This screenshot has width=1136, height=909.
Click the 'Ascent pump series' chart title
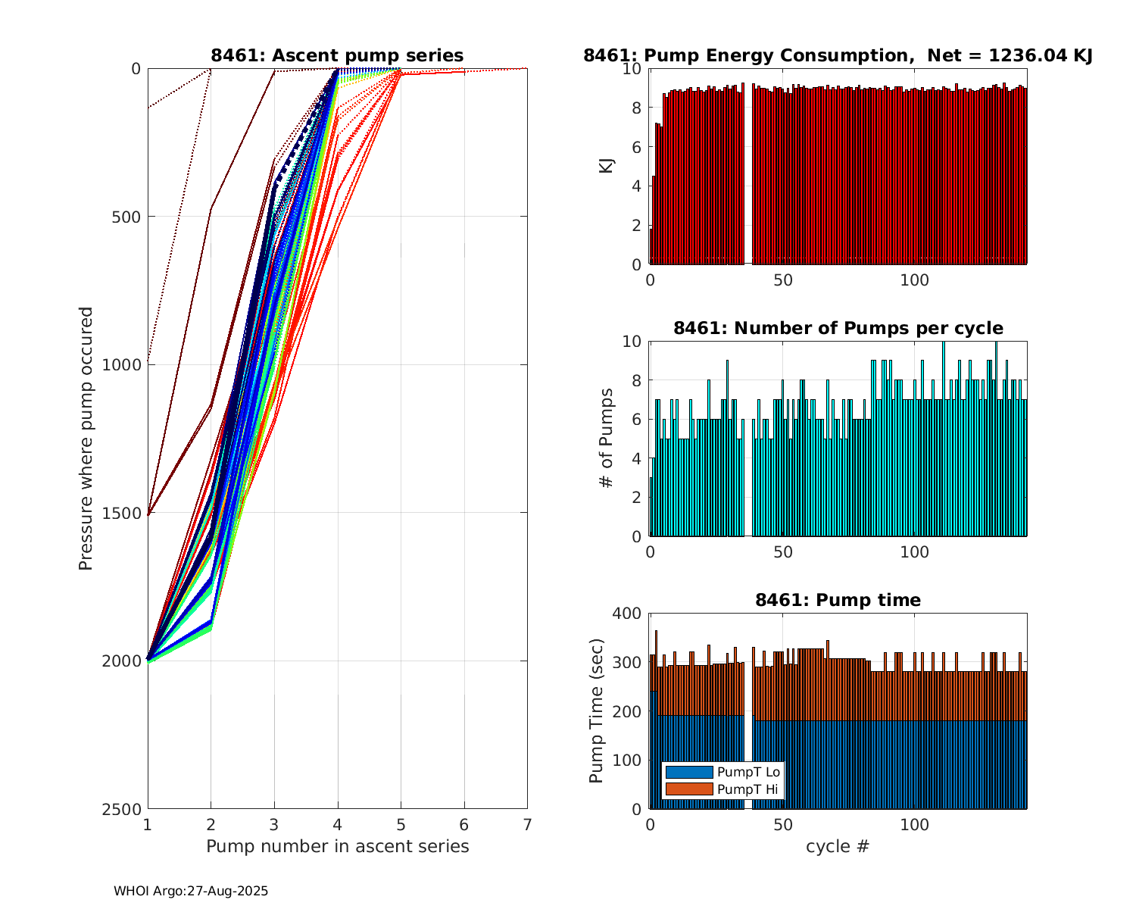pyautogui.click(x=337, y=55)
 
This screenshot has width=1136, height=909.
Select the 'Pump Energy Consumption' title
pyautogui.click(x=838, y=55)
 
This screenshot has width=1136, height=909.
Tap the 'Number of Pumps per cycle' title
pyautogui.click(x=838, y=328)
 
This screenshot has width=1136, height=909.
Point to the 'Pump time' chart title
pyautogui.click(x=838, y=600)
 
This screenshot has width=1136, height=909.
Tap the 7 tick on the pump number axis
pyautogui.click(x=527, y=824)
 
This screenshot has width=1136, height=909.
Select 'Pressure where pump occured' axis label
pyautogui.click(x=86, y=438)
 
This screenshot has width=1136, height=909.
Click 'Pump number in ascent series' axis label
pyautogui.click(x=337, y=846)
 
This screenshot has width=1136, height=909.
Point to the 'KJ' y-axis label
pyautogui.click(x=607, y=165)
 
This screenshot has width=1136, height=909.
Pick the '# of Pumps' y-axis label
pyautogui.click(x=607, y=438)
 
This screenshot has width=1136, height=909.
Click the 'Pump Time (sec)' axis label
pyautogui.click(x=596, y=711)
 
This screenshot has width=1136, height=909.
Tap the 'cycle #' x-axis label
pyautogui.click(x=838, y=846)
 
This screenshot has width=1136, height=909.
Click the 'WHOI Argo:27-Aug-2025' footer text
pyautogui.click(x=191, y=892)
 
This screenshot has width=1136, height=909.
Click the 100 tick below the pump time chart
pyautogui.click(x=915, y=824)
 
